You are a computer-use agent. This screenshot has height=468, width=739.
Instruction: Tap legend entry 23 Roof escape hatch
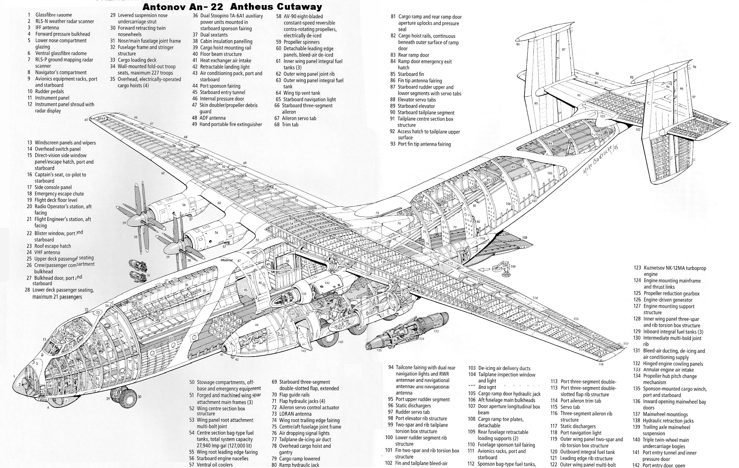click(52, 246)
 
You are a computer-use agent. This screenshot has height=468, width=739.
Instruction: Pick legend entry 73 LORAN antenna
click(295, 414)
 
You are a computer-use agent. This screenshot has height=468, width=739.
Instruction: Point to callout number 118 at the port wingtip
click(601, 364)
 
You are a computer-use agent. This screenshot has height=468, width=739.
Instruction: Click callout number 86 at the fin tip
click(518, 44)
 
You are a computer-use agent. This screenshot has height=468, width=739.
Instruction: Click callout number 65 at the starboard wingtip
click(86, 120)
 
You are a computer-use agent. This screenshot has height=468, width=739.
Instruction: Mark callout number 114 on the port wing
click(535, 298)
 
